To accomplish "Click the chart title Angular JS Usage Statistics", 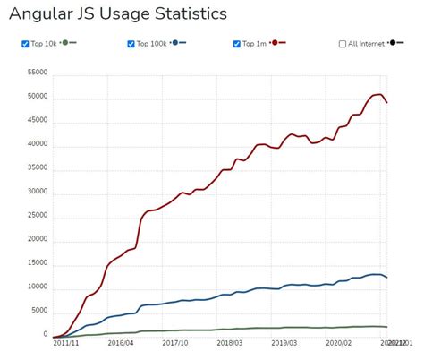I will click(x=117, y=14).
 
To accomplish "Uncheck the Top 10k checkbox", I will click(x=25, y=44).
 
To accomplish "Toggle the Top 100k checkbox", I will click(x=131, y=44).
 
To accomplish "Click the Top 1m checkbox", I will click(x=236, y=44).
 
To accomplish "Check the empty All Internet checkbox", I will click(x=343, y=44).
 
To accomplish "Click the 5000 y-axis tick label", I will click(x=36, y=311).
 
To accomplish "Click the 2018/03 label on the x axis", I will click(x=231, y=343).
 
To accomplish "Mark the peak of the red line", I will click(x=379, y=94).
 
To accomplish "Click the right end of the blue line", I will click(x=386, y=278).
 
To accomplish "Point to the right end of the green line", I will click(x=386, y=327).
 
